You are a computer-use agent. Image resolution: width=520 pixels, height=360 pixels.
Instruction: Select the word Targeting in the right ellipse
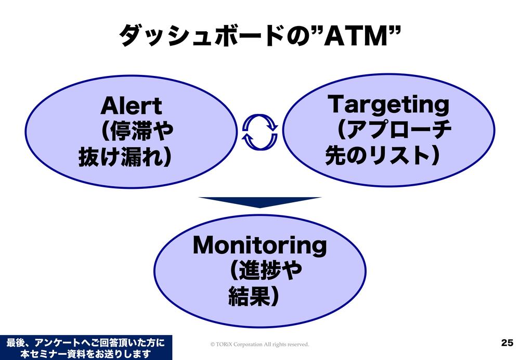tap(388, 105)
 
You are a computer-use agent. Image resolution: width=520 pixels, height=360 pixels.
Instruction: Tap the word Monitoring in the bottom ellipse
tap(259, 245)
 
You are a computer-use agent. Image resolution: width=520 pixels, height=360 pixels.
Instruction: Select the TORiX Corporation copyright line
tap(259, 344)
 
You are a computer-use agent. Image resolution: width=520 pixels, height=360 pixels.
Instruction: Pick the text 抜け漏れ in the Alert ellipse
tap(120, 157)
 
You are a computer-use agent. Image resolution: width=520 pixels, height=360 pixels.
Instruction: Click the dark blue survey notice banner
tap(86, 348)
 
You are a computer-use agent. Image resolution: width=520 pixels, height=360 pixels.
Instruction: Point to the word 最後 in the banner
tap(16, 342)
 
